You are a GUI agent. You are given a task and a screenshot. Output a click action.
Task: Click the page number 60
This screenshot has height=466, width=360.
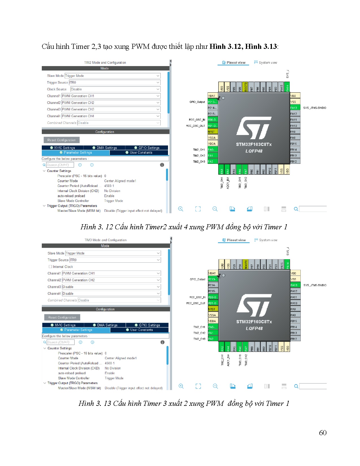tap(322, 433)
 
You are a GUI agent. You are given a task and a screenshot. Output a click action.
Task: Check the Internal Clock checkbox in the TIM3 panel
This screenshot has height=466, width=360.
tap(50, 267)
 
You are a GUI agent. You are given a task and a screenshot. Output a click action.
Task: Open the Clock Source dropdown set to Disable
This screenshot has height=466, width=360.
tap(115, 89)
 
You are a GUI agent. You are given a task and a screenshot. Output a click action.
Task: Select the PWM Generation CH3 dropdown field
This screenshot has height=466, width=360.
tap(111, 109)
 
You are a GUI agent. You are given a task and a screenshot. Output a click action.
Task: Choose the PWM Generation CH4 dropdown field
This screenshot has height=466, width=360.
tap(111, 116)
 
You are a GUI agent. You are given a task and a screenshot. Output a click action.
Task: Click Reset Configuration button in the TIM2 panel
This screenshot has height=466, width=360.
tap(62, 140)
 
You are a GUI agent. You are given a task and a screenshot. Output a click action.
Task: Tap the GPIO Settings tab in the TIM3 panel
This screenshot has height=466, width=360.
tap(147, 325)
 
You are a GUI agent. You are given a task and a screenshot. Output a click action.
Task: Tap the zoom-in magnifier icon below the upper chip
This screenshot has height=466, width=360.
tap(181, 209)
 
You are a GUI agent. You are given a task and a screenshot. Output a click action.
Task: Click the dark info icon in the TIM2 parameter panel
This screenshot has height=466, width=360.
tap(162, 165)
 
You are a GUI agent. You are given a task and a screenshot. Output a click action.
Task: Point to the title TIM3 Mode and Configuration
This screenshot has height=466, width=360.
tap(106, 240)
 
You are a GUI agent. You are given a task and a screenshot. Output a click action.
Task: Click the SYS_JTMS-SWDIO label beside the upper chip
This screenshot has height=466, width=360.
tap(315, 108)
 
